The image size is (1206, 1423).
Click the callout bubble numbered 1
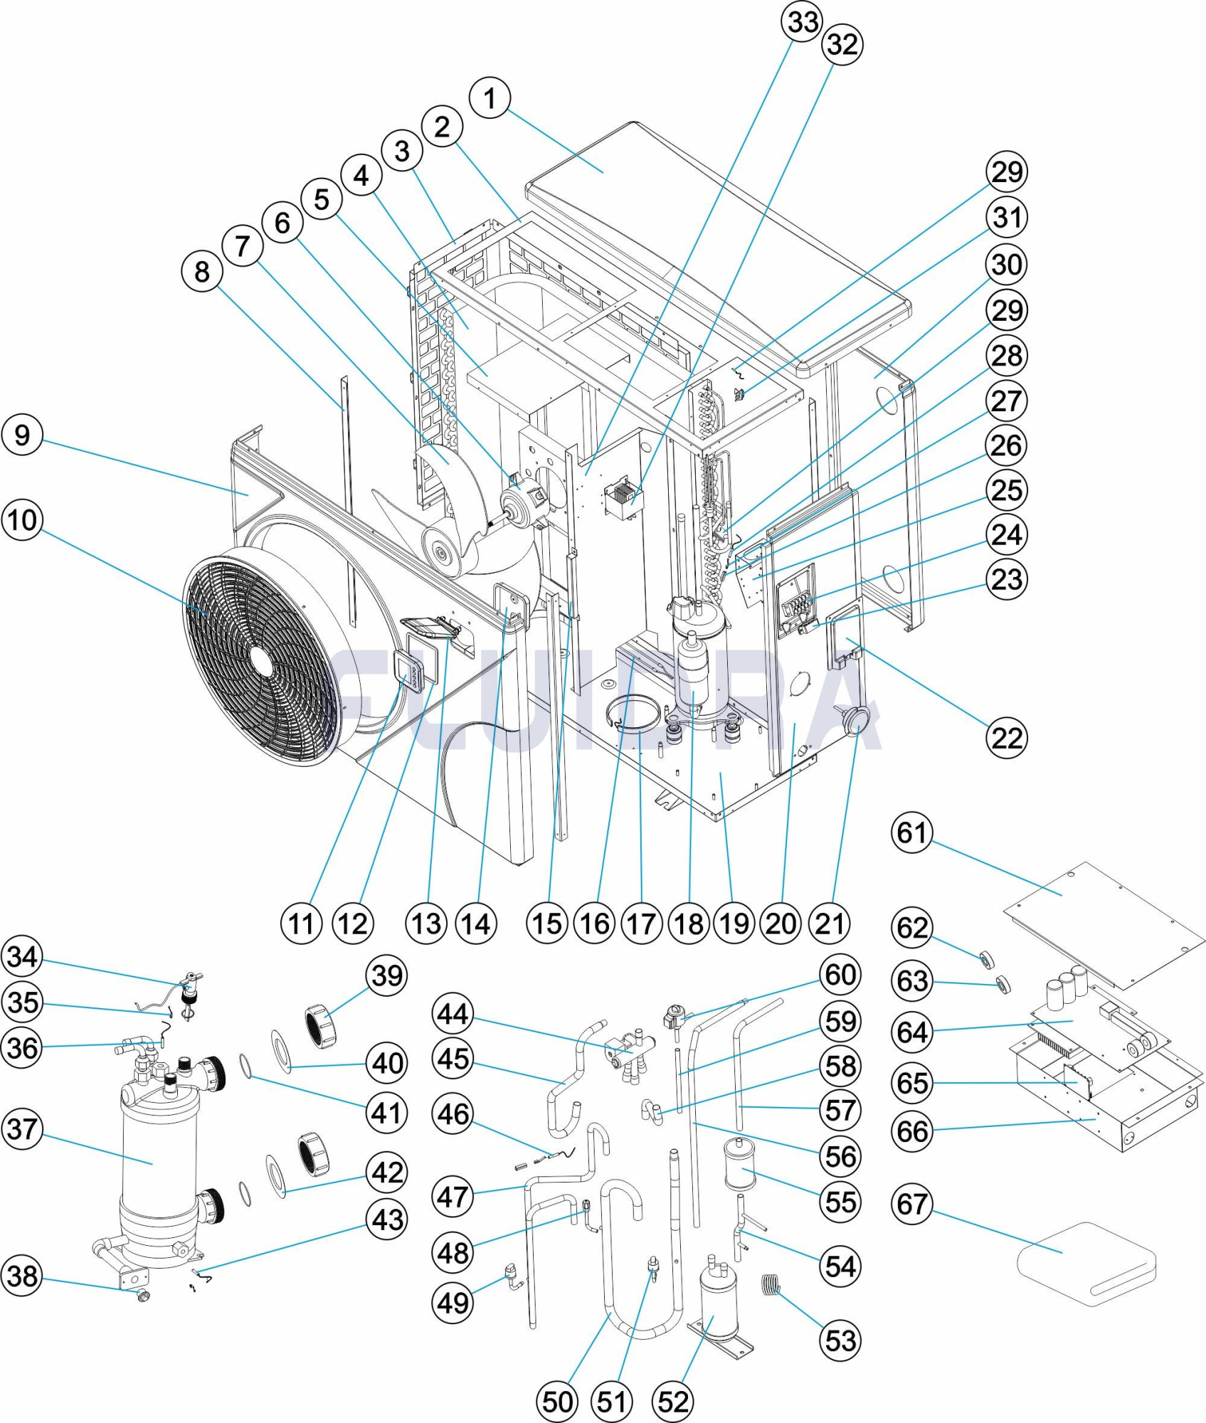click(490, 98)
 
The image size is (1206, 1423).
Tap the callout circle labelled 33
click(803, 21)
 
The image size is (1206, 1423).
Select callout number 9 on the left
click(22, 435)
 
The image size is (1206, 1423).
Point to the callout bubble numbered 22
click(1007, 738)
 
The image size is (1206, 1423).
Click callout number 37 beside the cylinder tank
click(22, 1128)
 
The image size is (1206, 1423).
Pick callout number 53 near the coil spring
click(840, 1340)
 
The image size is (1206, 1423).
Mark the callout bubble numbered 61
click(912, 832)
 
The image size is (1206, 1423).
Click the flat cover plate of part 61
click(1103, 925)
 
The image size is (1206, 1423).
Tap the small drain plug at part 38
click(144, 1296)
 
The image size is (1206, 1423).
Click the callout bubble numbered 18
click(689, 924)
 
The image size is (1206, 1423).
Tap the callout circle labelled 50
click(557, 1402)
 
